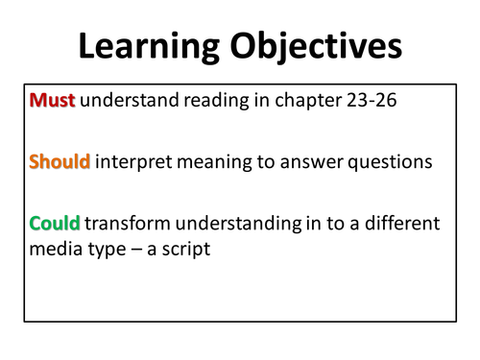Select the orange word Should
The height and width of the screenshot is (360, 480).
[60, 162]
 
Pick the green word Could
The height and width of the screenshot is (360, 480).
[55, 224]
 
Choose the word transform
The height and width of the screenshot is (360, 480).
[129, 224]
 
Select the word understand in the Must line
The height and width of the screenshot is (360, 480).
[129, 100]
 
